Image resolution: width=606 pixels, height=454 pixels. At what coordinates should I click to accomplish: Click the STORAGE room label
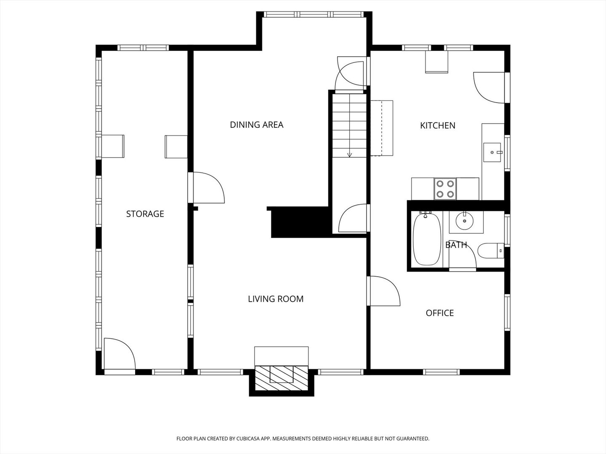(145, 214)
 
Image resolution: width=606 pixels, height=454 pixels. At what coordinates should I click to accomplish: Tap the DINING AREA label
(256, 124)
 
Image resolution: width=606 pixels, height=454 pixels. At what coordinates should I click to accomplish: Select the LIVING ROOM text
(276, 299)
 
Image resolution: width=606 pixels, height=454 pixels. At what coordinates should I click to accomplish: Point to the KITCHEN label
(438, 125)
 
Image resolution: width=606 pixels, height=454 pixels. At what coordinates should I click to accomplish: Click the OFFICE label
(440, 313)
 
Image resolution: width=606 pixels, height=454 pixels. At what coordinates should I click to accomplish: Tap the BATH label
(456, 245)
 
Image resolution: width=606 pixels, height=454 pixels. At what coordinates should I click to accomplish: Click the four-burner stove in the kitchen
(445, 189)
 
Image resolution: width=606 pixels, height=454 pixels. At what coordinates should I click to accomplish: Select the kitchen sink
(492, 153)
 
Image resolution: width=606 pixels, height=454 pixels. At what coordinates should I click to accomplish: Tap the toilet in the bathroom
(491, 251)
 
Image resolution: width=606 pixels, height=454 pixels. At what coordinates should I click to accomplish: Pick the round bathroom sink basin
(464, 221)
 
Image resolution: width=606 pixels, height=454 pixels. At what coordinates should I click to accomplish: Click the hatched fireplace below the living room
(282, 378)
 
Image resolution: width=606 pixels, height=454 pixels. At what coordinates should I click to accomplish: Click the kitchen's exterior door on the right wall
(489, 88)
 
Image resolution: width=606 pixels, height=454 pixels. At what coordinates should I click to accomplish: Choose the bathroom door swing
(462, 254)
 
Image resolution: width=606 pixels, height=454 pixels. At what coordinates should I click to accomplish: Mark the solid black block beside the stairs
(300, 222)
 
